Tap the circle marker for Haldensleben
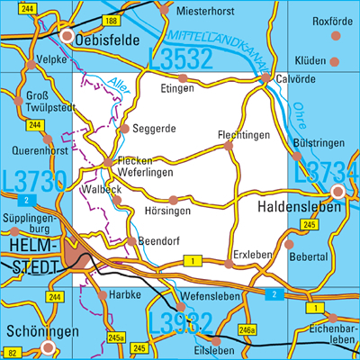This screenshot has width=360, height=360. [x=338, y=192]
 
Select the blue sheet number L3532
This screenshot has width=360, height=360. [x=180, y=60]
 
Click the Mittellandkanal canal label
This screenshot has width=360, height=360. [x=214, y=43]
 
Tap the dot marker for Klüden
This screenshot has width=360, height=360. [x=335, y=62]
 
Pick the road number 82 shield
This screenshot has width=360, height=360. [x=11, y=353]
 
